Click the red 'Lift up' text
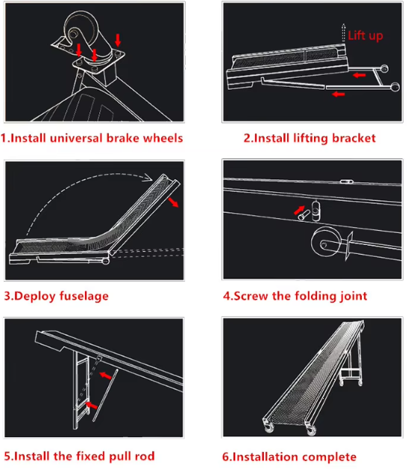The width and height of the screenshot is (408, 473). pyautogui.click(x=365, y=36)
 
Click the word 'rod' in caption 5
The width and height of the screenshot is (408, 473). pyautogui.click(x=145, y=456)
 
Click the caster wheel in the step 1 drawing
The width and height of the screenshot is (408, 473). pyautogui.click(x=81, y=28)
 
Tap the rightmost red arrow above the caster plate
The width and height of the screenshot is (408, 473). pyautogui.click(x=118, y=40)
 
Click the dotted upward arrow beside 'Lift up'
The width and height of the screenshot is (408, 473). pyautogui.click(x=343, y=33)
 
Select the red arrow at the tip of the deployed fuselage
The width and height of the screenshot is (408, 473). pyautogui.click(x=173, y=202)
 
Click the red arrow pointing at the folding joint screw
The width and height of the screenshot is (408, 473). pyautogui.click(x=299, y=210)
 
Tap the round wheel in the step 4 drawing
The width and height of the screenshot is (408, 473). pyautogui.click(x=326, y=242)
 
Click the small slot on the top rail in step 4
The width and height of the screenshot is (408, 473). pyautogui.click(x=346, y=182)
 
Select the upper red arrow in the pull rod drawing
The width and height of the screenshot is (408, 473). pyautogui.click(x=106, y=376)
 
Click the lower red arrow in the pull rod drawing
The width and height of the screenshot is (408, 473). pyautogui.click(x=91, y=405)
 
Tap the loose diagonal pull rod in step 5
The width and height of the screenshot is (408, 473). pyautogui.click(x=105, y=395)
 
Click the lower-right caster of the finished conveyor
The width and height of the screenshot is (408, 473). pyautogui.click(x=311, y=430)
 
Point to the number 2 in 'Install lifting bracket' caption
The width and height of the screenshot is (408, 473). pyautogui.click(x=247, y=138)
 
